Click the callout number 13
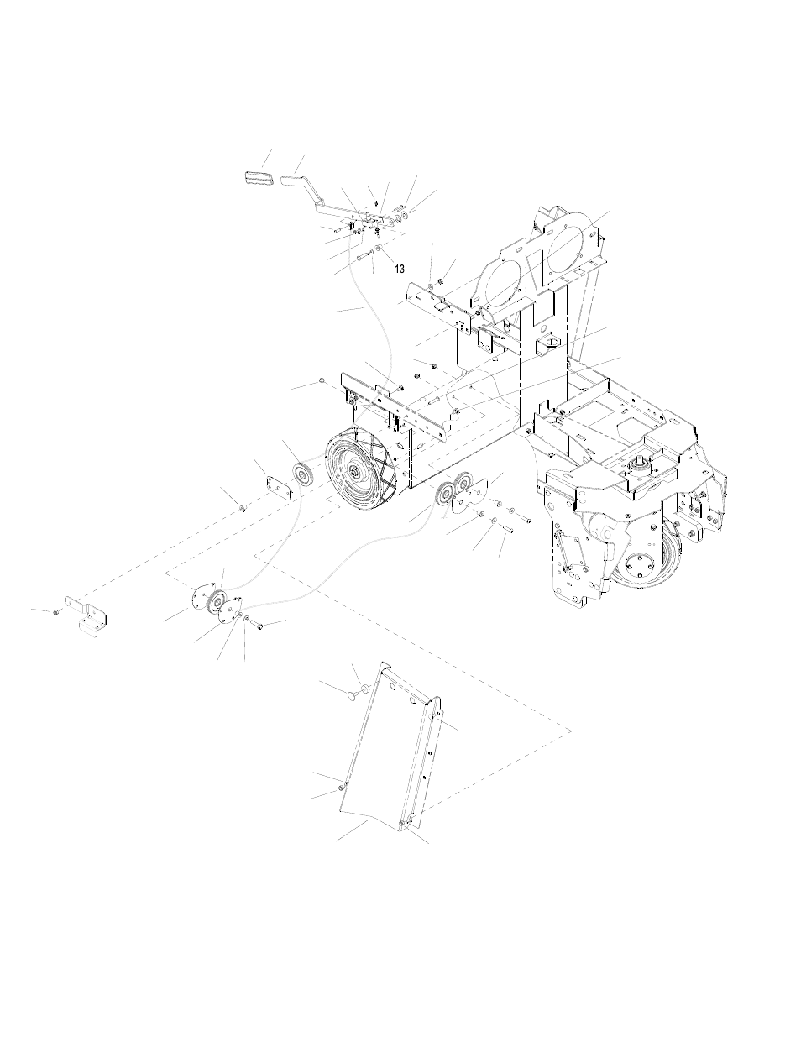click(x=399, y=269)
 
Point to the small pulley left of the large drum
click(x=301, y=474)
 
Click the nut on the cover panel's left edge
click(x=343, y=785)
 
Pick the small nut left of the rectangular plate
click(x=242, y=507)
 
